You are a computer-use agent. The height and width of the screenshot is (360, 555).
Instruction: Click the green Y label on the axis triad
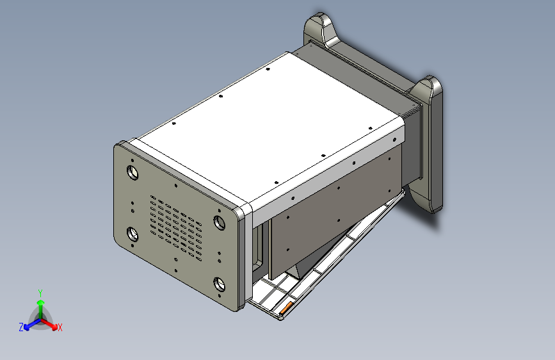(x=40, y=293)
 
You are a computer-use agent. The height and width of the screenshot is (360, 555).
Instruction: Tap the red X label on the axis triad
(x=60, y=327)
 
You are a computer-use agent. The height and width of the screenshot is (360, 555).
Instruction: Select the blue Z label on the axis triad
(x=21, y=327)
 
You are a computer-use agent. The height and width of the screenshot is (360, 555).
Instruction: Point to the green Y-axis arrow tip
(x=41, y=302)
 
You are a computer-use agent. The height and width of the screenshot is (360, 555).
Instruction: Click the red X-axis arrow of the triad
(x=49, y=324)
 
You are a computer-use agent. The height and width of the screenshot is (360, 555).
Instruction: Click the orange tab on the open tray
(x=286, y=307)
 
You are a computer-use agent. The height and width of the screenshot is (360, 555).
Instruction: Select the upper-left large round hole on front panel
(x=133, y=172)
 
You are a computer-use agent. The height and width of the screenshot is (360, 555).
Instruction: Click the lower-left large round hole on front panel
(x=133, y=234)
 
